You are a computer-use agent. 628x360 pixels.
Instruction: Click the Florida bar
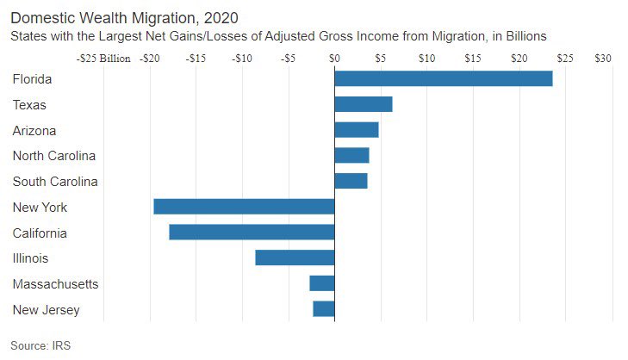(x=443, y=78)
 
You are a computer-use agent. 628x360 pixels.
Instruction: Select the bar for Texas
(x=363, y=104)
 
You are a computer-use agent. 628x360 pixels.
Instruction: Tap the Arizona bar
(x=356, y=130)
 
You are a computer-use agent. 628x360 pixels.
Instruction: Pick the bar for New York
(x=244, y=207)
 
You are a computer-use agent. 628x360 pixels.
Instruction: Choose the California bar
(x=252, y=233)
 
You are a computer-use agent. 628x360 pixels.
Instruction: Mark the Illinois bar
(x=295, y=258)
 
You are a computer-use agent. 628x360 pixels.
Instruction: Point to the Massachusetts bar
(x=321, y=283)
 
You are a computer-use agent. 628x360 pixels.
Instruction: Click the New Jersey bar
(x=323, y=309)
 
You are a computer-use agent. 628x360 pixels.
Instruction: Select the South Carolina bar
(x=351, y=181)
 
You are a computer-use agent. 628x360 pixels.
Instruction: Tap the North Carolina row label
(x=53, y=156)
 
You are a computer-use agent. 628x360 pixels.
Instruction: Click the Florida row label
(x=33, y=79)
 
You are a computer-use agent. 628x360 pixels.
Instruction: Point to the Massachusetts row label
(x=55, y=284)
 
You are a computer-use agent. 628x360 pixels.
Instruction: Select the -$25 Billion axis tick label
(x=103, y=59)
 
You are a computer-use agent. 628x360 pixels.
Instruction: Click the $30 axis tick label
(x=602, y=59)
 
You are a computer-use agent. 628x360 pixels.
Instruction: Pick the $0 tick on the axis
(x=334, y=59)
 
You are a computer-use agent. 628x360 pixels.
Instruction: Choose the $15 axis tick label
(x=472, y=59)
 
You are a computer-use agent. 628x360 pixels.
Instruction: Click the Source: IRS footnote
(x=40, y=345)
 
